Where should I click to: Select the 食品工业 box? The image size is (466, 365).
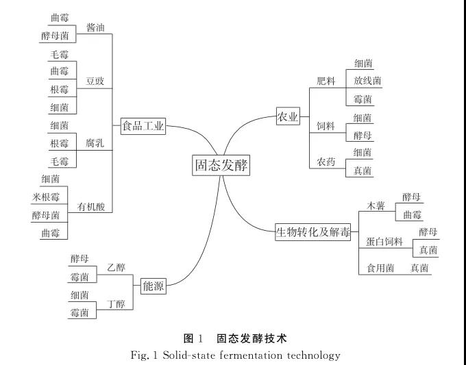coord(143,126)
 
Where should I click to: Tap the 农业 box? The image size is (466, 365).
coord(288,117)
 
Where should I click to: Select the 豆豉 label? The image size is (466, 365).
coord(95,81)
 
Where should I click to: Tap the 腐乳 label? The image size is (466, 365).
coord(95,143)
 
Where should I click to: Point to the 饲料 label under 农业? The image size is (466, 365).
coord(326,126)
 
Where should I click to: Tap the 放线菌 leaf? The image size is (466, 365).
coord(367,81)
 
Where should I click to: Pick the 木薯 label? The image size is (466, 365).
coord(376,205)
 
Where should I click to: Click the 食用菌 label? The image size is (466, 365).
coord(380,268)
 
